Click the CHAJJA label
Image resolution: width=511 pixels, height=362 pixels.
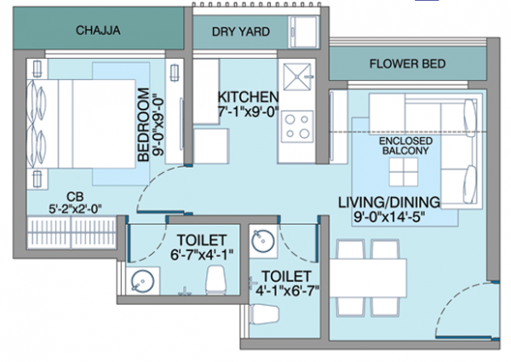(x=98, y=32)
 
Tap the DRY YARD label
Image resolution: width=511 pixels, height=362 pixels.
(x=241, y=32)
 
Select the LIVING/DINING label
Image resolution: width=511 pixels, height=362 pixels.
(x=388, y=202)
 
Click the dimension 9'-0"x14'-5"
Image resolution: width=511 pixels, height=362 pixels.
(x=388, y=218)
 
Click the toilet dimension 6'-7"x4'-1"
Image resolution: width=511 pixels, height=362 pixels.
(x=201, y=255)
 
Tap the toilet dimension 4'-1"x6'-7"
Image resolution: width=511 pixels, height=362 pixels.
(x=285, y=290)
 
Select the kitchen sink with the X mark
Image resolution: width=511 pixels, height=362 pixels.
(x=299, y=77)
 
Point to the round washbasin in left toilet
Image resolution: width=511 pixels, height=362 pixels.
(x=141, y=279)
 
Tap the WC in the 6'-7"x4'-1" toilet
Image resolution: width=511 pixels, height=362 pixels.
(x=218, y=279)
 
